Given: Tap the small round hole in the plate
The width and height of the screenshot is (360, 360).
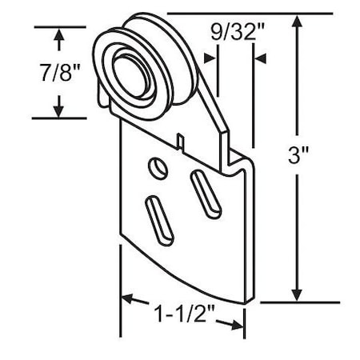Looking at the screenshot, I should (157, 169).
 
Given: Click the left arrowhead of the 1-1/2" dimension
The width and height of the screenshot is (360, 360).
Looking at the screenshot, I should (128, 302).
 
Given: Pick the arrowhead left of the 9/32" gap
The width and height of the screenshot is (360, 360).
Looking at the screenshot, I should (210, 58).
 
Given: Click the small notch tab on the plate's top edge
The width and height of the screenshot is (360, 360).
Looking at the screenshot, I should (182, 142).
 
